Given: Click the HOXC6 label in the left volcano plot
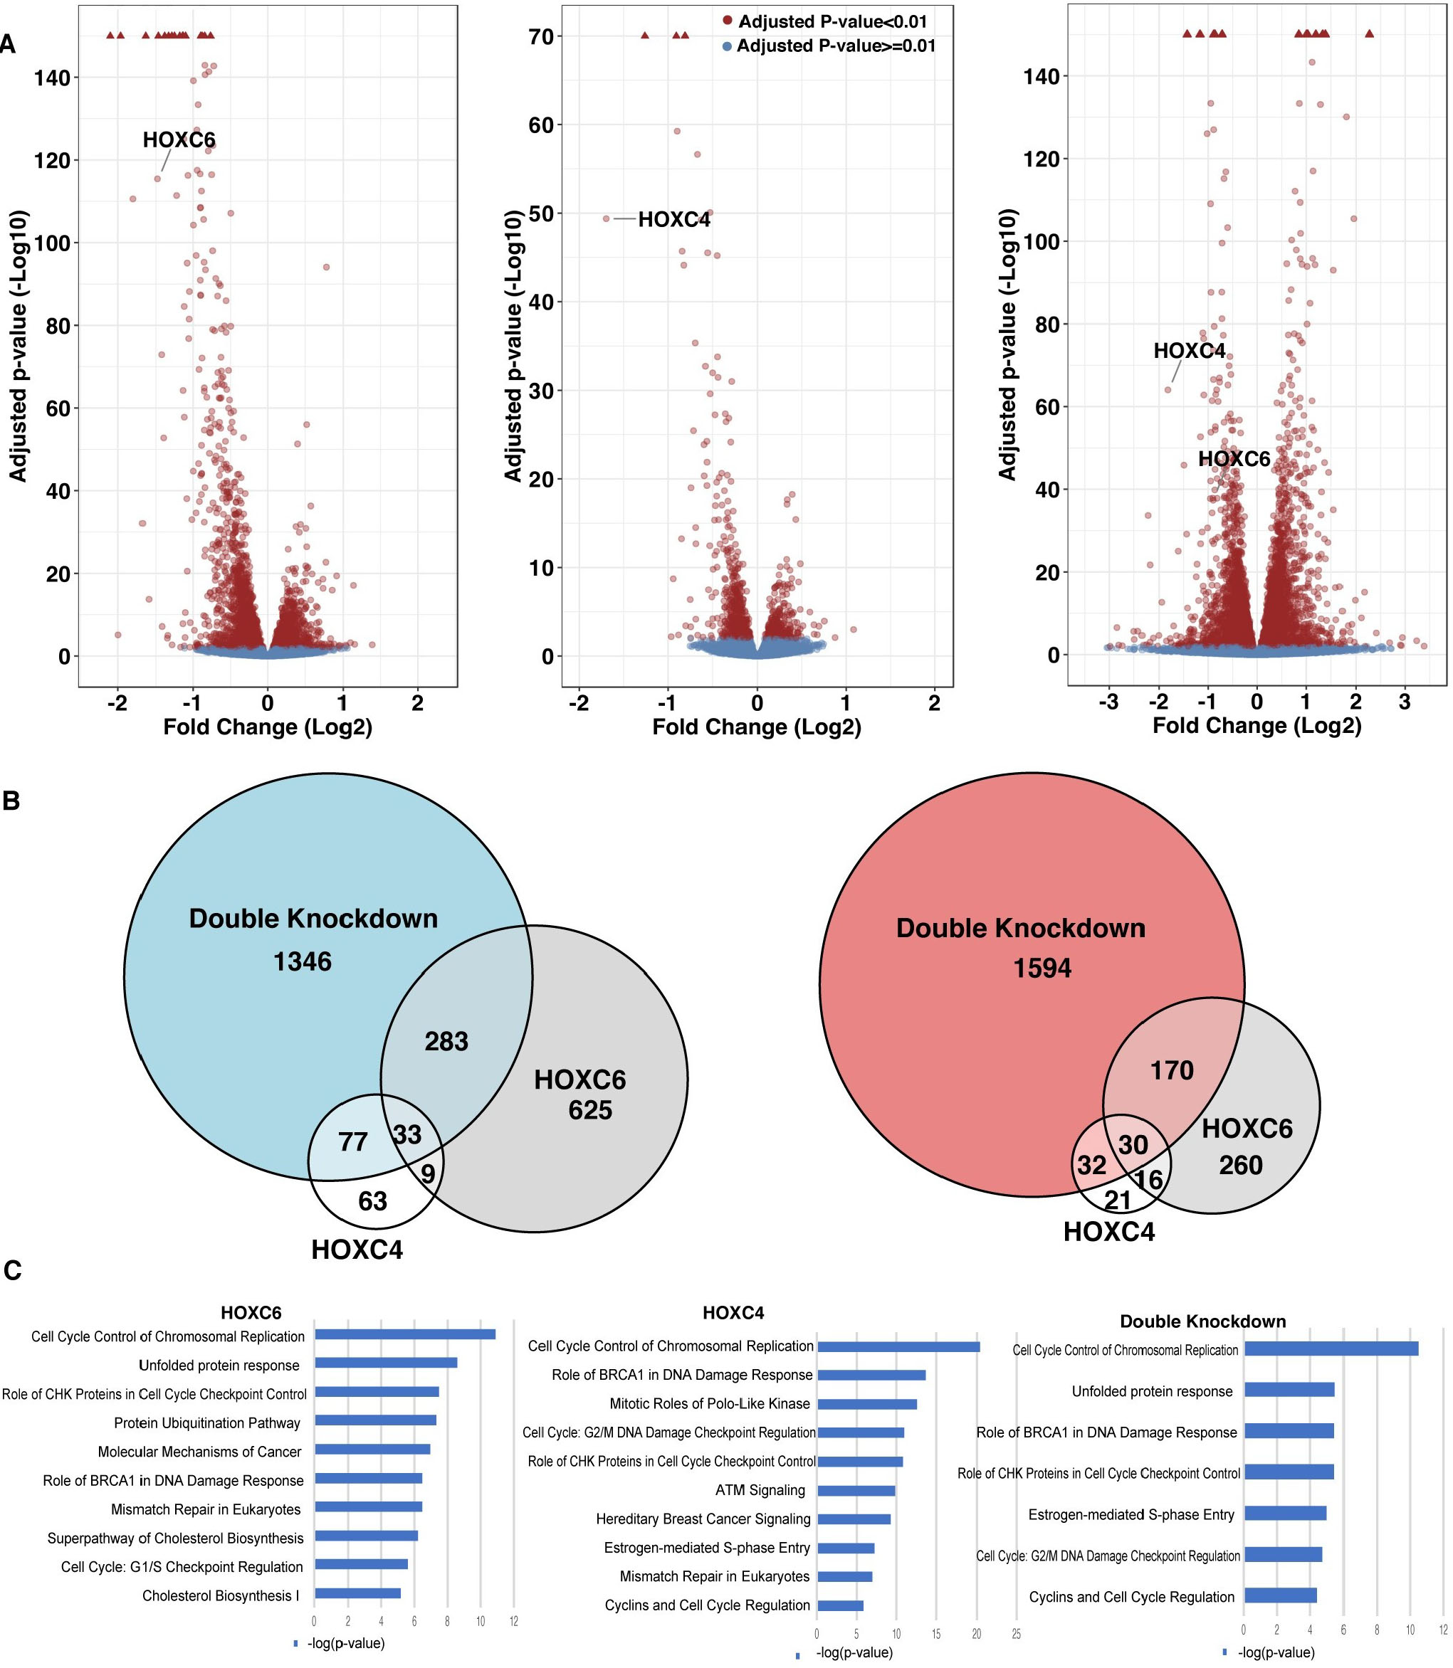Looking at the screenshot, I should click(179, 140).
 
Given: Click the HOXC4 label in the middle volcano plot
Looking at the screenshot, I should click(673, 220).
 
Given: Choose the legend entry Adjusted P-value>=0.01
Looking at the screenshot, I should click(835, 46).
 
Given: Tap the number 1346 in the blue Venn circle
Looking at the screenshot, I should click(303, 962).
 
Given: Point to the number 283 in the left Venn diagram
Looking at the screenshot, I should click(446, 1042).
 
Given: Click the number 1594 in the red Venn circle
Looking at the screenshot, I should click(1042, 968).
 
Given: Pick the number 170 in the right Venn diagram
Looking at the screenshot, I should click(1172, 1071).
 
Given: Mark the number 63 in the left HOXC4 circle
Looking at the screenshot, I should click(373, 1201).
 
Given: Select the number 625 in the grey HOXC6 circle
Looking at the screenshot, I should click(589, 1110).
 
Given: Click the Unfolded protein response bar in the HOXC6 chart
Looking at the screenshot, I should click(386, 1363).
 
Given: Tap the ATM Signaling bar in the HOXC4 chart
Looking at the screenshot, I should click(856, 1491).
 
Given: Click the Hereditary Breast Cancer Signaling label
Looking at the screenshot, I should click(703, 1519).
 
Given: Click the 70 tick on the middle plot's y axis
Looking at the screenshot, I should click(542, 36).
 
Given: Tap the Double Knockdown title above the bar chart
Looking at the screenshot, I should click(1202, 1322).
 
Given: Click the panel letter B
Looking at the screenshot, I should click(11, 801).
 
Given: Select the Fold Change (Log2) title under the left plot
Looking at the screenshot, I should click(268, 727).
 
